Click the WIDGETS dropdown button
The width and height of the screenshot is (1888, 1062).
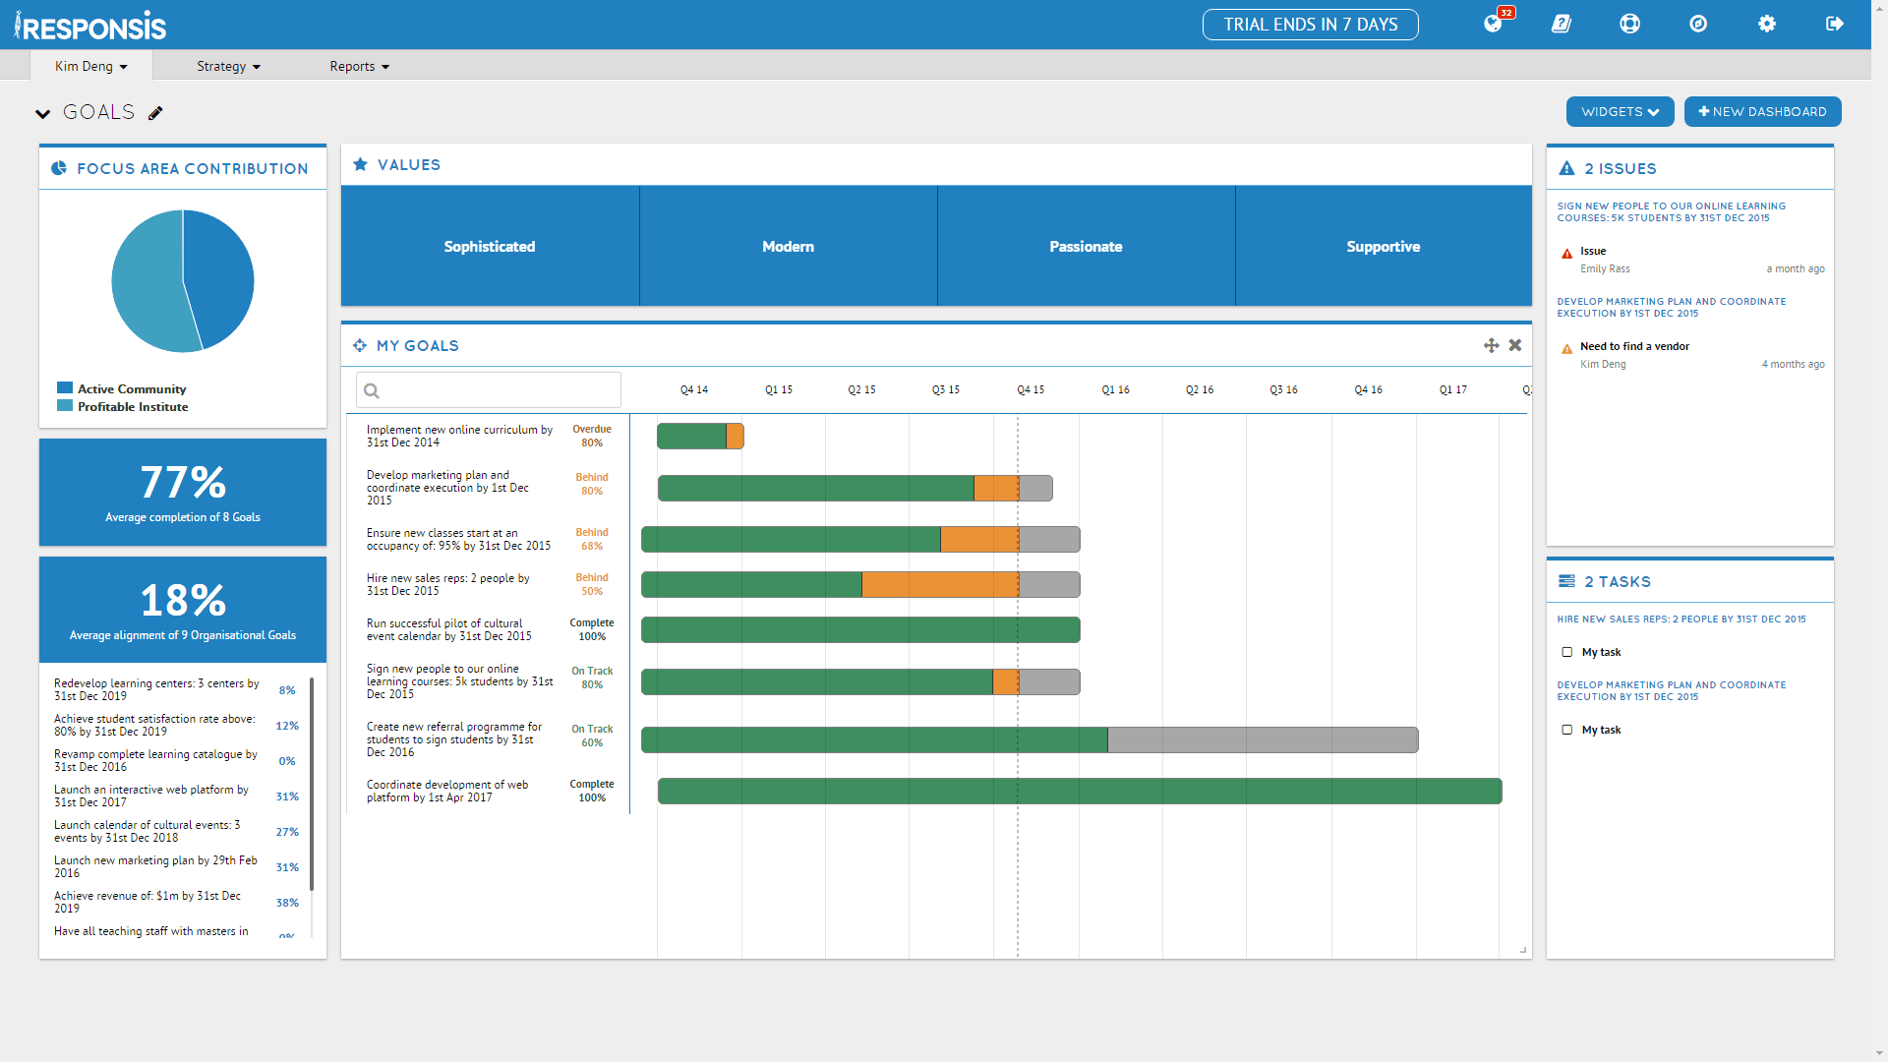pos(1620,112)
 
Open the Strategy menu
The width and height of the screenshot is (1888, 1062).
pos(228,67)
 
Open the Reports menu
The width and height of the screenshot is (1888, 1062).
pos(359,67)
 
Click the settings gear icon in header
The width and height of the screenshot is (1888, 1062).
pos(1767,24)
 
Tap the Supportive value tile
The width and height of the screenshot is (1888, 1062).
pos(1383,247)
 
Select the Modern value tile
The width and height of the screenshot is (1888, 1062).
pos(788,247)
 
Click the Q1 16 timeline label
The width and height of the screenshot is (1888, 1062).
pos(1115,390)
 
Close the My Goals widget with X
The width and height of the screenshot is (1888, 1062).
pos(1515,345)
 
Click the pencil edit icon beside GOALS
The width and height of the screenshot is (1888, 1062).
pos(155,113)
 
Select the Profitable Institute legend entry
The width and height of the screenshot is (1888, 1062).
pos(132,407)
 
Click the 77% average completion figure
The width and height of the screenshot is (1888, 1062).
pos(183,483)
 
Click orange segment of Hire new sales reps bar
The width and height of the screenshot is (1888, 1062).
pos(939,585)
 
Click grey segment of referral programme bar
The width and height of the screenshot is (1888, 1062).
pos(1262,740)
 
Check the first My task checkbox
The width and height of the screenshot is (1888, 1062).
pos(1567,652)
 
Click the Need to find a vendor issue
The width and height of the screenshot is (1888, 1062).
pos(1634,346)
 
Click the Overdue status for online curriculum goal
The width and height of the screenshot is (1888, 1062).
pos(592,430)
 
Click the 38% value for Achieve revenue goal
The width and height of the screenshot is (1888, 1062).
pos(287,903)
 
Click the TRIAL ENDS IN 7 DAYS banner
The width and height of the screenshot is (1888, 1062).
pos(1310,25)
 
